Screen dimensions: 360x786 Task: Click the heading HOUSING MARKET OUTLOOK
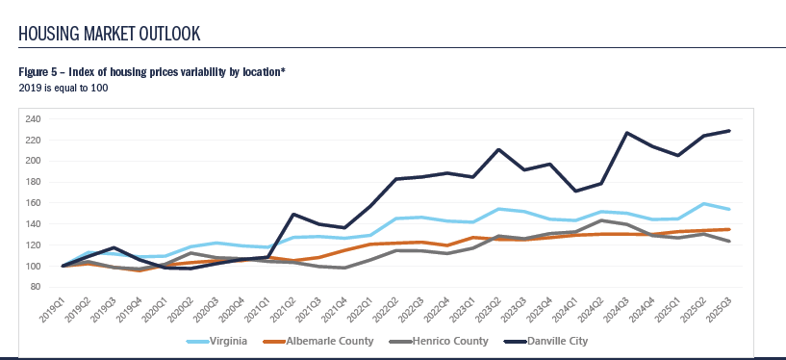click(110, 34)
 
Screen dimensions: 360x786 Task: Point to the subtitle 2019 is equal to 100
click(63, 88)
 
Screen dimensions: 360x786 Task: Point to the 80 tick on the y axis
click(35, 287)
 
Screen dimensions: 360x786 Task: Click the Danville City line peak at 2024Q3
click(625, 133)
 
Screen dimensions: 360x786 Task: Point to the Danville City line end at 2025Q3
click(728, 131)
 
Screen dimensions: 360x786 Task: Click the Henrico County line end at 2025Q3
click(728, 242)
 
